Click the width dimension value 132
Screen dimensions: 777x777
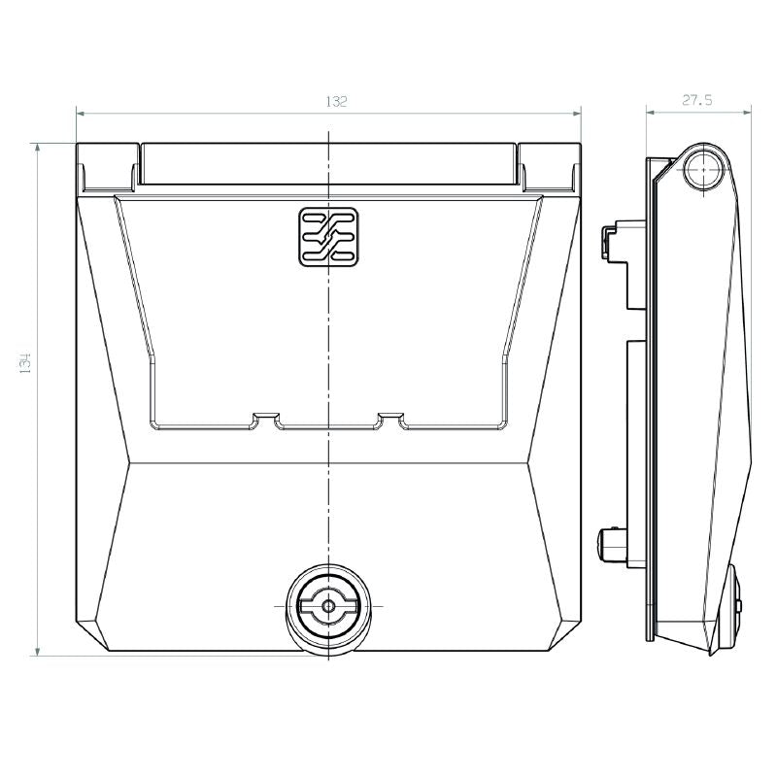coord(336,101)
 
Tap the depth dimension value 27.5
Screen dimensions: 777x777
coord(698,99)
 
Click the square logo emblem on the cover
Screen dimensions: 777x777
coord(328,235)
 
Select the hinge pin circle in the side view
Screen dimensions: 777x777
coord(703,172)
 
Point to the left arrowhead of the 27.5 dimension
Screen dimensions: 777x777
coord(652,113)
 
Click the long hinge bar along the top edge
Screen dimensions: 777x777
coord(328,163)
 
